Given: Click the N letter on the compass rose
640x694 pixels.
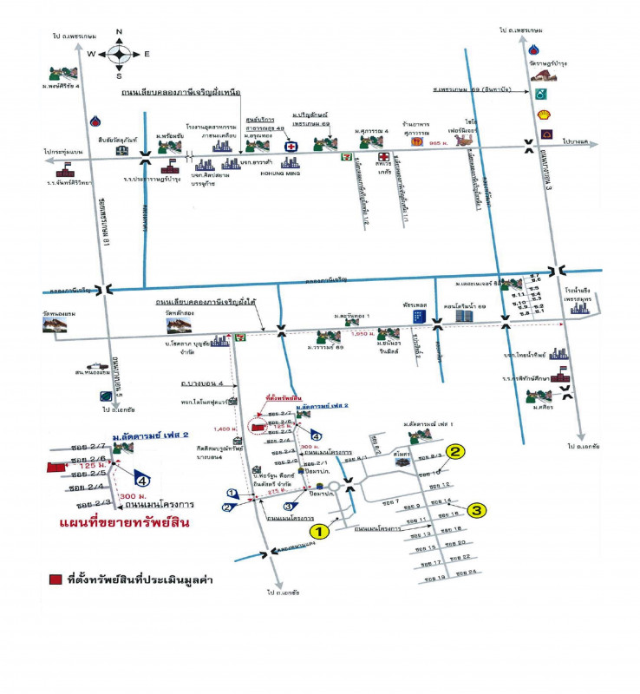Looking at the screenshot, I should click(x=119, y=32).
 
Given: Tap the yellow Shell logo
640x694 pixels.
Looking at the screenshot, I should click(x=544, y=113).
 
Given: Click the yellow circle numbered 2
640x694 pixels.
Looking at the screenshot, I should click(x=456, y=450).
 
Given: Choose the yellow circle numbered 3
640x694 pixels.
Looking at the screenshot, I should click(x=477, y=511).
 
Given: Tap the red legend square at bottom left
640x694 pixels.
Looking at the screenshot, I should click(x=55, y=579).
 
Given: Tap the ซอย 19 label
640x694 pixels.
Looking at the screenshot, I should click(x=434, y=577).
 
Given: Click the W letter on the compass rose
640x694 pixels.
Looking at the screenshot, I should click(x=90, y=54).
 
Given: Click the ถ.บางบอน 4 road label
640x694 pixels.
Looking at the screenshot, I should click(x=197, y=383).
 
